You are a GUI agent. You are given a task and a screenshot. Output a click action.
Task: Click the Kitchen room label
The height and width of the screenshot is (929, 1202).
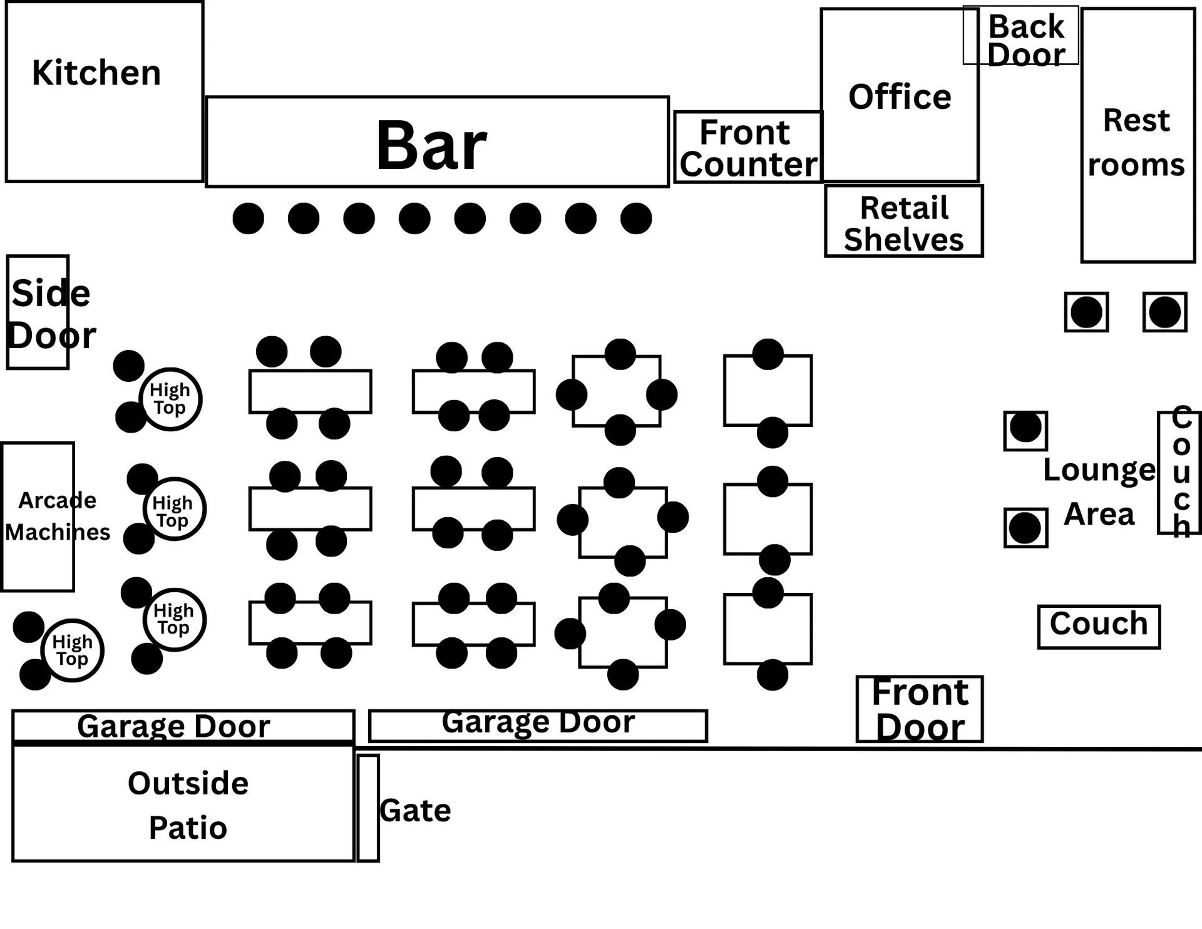(x=96, y=73)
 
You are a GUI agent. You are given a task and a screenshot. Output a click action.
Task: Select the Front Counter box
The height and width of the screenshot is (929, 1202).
(x=748, y=147)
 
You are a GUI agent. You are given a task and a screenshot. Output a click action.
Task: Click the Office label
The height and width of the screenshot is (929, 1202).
(x=900, y=97)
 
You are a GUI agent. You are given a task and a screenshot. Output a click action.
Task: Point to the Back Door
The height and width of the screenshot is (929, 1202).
(x=1020, y=35)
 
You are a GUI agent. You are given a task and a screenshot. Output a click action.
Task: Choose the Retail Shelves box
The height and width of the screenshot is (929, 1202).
(x=904, y=221)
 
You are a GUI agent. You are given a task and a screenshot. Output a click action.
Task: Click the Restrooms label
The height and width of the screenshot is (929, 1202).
(x=1136, y=143)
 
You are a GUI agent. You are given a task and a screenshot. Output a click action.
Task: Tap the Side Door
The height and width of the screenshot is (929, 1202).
(x=38, y=312)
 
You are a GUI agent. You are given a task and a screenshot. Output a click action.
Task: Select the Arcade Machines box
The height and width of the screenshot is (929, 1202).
(x=38, y=516)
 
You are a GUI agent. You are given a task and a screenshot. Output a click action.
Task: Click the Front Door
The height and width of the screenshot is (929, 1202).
(x=920, y=709)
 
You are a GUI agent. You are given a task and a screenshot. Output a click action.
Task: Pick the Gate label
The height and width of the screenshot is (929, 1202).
(x=415, y=811)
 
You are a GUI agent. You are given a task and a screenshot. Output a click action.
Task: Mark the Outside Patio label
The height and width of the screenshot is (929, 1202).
(x=188, y=805)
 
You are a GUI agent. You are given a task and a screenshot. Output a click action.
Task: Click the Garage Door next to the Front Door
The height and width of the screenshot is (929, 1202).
(x=538, y=726)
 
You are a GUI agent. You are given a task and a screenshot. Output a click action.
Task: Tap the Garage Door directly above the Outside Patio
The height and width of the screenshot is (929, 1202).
(x=183, y=726)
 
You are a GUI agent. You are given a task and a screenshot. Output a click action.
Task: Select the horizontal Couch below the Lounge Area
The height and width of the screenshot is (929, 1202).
(x=1099, y=627)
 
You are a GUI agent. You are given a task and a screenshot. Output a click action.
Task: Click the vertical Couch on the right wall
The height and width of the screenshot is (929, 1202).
(x=1179, y=473)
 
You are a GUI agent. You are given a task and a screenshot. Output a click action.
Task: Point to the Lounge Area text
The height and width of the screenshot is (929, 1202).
(x=1099, y=492)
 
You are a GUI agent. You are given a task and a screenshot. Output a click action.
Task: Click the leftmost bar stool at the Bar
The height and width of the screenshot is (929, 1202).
(x=249, y=218)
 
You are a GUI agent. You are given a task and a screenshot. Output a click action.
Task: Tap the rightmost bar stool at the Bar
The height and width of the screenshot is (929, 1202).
(x=636, y=218)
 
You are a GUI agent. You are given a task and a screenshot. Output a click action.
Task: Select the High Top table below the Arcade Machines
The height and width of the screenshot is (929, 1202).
(x=73, y=650)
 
